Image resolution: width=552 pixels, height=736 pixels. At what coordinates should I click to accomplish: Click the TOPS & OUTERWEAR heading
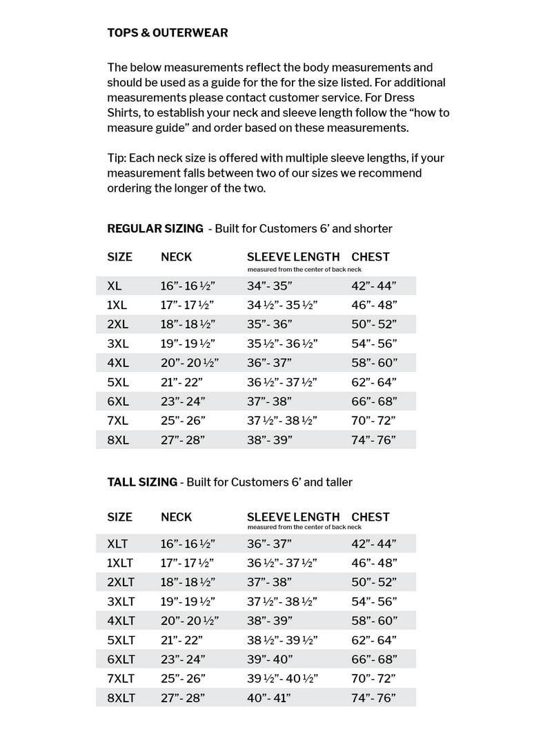[x=167, y=32]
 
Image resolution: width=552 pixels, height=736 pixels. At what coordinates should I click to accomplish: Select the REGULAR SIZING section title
[x=155, y=228]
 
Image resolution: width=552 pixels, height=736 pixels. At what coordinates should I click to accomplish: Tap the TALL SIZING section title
[x=142, y=482]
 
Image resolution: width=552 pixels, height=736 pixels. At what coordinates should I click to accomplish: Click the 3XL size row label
[x=117, y=344]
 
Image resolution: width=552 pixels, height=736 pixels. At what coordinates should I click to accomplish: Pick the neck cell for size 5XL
[x=183, y=382]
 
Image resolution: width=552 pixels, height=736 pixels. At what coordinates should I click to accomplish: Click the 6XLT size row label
[x=121, y=659]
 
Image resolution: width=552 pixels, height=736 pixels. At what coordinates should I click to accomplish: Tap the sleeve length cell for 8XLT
[x=269, y=698]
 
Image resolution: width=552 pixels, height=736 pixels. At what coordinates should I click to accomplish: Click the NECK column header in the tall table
[x=177, y=517]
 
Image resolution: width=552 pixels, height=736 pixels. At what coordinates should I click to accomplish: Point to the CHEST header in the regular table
[x=371, y=257]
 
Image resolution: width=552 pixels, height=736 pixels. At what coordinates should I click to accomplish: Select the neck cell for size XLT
[x=187, y=544]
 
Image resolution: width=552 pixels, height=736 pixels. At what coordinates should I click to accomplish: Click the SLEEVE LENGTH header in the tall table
[x=293, y=517]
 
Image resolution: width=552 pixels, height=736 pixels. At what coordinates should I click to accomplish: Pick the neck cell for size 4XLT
[x=187, y=621]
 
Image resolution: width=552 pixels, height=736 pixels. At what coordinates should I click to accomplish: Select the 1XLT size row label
[x=121, y=563]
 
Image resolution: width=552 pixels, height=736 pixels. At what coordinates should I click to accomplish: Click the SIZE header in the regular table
[x=119, y=257]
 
